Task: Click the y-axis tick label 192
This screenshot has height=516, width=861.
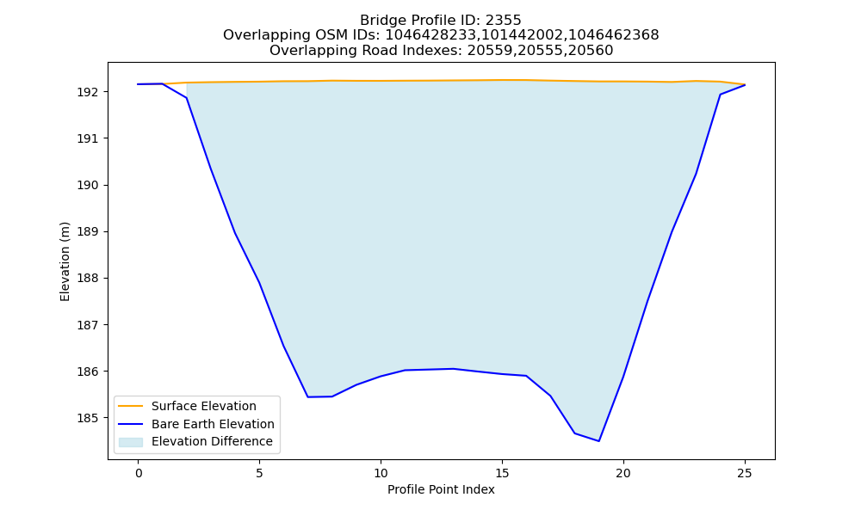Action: click(87, 92)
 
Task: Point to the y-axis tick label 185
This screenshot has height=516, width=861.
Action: click(87, 419)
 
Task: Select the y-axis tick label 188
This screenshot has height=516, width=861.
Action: click(87, 279)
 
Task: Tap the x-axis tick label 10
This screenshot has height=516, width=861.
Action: click(381, 473)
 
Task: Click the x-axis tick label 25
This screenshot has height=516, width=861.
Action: click(745, 473)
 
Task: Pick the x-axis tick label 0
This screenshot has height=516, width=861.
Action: click(139, 473)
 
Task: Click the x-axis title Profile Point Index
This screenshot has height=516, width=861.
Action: click(441, 489)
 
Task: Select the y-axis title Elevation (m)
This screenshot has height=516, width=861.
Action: click(65, 261)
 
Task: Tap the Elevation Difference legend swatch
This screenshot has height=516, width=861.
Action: click(131, 442)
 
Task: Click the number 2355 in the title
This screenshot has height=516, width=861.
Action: click(503, 21)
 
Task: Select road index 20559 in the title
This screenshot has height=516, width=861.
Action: click(485, 51)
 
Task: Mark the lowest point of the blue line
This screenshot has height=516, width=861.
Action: click(598, 441)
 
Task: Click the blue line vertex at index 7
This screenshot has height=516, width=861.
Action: click(308, 397)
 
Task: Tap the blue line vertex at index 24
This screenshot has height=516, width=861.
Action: click(720, 95)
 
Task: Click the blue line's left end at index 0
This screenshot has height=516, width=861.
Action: click(139, 84)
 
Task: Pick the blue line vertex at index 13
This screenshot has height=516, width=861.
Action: click(454, 369)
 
